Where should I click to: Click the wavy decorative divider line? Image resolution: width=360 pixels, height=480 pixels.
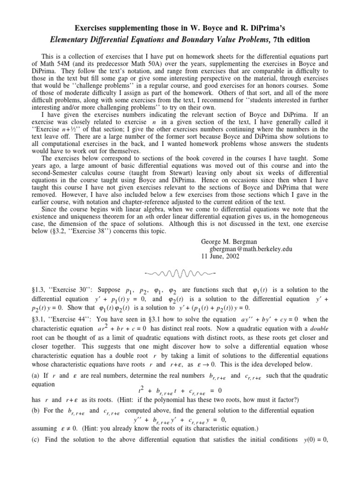pyautogui.click(x=180, y=273)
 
